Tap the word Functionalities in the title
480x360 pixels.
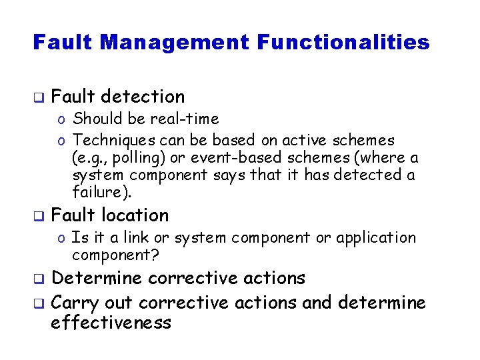343,43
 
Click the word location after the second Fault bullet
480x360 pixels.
135,215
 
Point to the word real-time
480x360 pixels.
185,119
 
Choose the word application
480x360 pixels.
376,237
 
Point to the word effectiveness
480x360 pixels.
111,323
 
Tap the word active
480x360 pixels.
307,140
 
